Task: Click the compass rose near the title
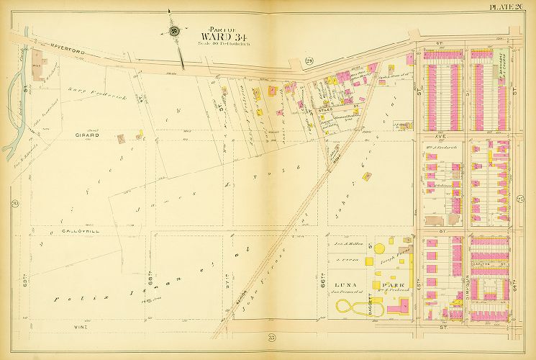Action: [175, 31]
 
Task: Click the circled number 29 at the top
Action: [308, 60]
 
